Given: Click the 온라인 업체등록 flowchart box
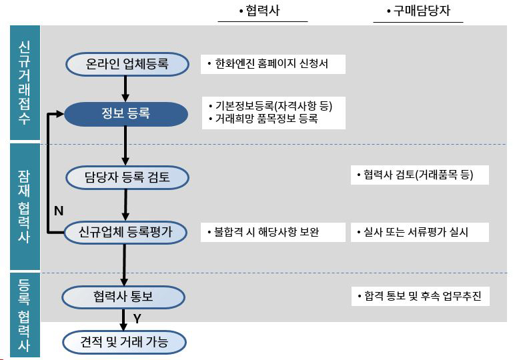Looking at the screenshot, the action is pos(127,64).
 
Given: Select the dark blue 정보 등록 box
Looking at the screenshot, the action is pos(126,114).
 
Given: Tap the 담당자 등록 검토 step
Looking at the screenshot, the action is pos(127,177).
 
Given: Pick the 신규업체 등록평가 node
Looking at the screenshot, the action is pos(125,233).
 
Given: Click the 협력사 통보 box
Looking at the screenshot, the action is pos(123,297).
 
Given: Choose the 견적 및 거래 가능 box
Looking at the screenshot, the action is pos(124,342).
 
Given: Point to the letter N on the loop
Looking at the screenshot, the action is pos(59,211).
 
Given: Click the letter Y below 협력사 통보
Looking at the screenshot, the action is pos(137,318).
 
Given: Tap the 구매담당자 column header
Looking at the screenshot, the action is pos(418,11).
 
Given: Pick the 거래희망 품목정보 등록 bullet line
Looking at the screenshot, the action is pos(264,119).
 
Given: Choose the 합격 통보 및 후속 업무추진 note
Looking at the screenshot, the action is pos(420,297).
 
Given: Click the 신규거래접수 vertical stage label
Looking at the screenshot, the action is pos(25,83).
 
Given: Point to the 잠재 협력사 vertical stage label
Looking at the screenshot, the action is pos(25,207).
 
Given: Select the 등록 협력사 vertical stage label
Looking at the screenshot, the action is pos(25,315).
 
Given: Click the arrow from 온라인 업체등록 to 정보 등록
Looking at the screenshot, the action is pos(125,89).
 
